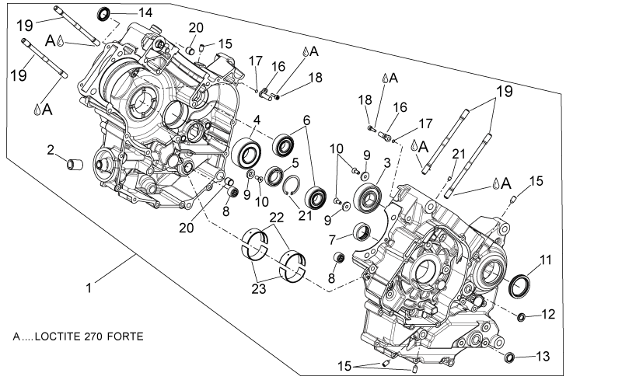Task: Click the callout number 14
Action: pos(145,12)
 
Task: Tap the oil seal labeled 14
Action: pos(104,14)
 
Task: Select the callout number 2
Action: pos(51,150)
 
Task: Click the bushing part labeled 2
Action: pos(75,164)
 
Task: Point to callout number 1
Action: pos(89,288)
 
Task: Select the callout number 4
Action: pos(257,120)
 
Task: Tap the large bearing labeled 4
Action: pos(246,153)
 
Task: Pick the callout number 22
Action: pos(277,218)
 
